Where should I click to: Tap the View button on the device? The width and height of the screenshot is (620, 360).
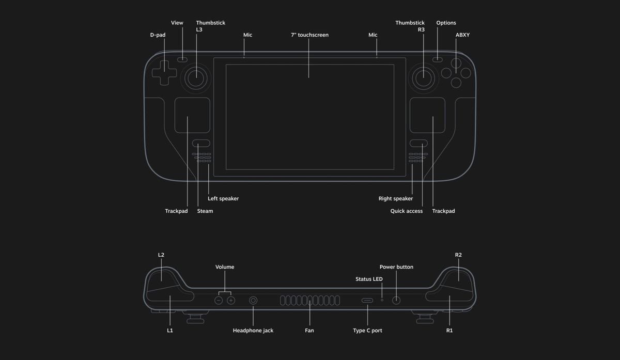click(182, 59)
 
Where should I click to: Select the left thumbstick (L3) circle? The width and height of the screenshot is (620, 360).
click(196, 77)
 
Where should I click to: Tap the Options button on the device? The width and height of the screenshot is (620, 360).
click(438, 59)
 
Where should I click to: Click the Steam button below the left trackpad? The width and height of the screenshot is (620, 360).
click(201, 144)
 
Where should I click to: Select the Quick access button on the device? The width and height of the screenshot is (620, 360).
click(419, 144)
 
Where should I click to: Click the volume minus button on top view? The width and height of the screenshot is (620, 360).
click(219, 300)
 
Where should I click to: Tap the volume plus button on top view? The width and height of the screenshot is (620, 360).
click(231, 300)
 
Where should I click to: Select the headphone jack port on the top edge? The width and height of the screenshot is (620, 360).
click(253, 300)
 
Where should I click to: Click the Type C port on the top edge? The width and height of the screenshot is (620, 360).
click(367, 300)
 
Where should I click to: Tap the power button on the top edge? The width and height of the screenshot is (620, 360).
click(396, 300)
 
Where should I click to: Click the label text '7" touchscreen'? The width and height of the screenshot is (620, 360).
click(309, 35)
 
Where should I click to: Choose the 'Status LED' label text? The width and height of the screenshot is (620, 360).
click(369, 279)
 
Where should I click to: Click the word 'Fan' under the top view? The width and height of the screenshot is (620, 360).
click(309, 331)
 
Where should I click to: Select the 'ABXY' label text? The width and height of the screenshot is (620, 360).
click(462, 35)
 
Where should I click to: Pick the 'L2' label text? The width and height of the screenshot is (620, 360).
click(161, 255)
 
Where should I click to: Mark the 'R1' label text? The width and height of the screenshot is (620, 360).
click(449, 331)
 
